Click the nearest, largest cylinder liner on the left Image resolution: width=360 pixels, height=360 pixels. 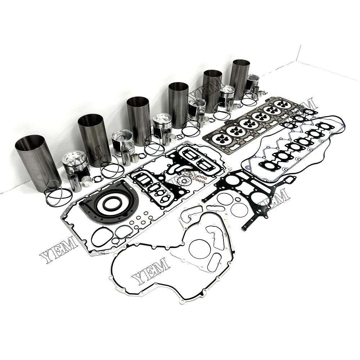pos(37,162)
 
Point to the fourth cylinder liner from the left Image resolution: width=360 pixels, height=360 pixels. pos(179,104)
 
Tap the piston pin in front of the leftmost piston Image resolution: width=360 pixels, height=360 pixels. pos(75,183)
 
